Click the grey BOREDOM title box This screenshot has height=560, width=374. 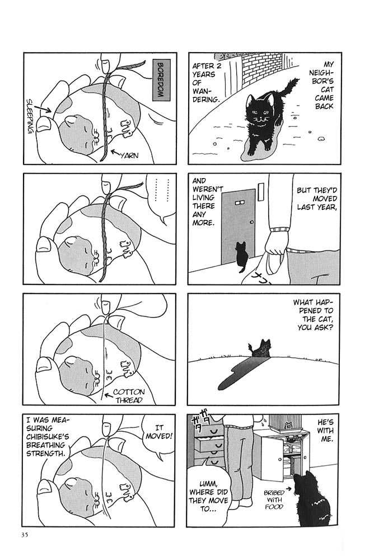[161, 80]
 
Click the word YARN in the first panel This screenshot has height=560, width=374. [129, 155]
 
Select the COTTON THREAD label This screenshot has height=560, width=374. [129, 396]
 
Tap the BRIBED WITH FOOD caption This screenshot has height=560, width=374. [274, 500]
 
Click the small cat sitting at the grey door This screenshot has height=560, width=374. [241, 256]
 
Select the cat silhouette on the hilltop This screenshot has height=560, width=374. [260, 348]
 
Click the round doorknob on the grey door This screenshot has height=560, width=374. [252, 222]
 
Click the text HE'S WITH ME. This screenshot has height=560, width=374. [325, 431]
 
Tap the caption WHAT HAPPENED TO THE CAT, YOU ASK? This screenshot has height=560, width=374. [314, 315]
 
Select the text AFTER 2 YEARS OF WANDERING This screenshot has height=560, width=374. [207, 82]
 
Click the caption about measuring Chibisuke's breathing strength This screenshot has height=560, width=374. [48, 436]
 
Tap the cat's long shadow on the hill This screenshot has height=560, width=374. [243, 372]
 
